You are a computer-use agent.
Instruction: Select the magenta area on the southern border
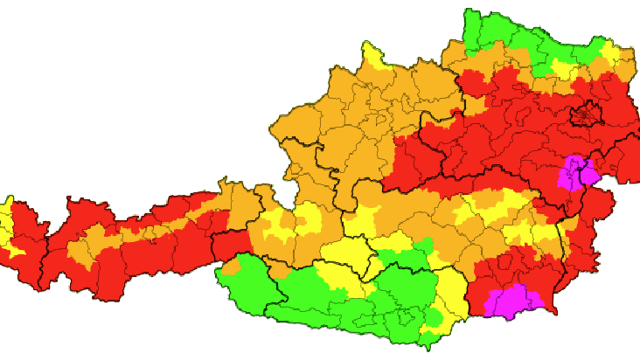point(513,301)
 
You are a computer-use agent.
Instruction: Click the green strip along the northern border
point(525,44)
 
